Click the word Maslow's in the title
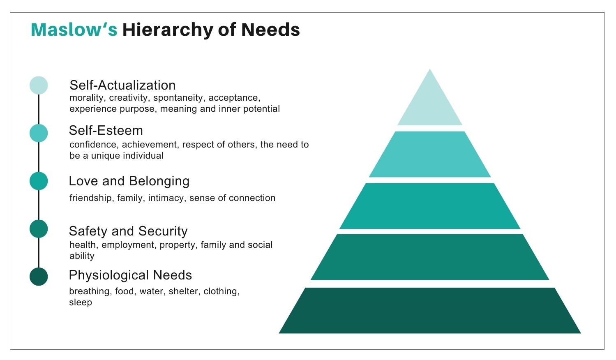pyautogui.click(x=74, y=30)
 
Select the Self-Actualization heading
pyautogui.click(x=122, y=85)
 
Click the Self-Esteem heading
pyautogui.click(x=106, y=130)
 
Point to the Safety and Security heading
pyautogui.click(x=128, y=231)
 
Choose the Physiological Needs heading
pyautogui.click(x=130, y=275)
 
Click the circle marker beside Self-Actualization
pyautogui.click(x=39, y=85)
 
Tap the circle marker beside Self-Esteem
pyautogui.click(x=39, y=133)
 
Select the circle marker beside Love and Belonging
pyautogui.click(x=39, y=181)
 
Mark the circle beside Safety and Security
pyautogui.click(x=39, y=229)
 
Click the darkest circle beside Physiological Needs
pyautogui.click(x=39, y=277)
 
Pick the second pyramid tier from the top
pyautogui.click(x=430, y=154)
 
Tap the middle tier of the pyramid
pyautogui.click(x=430, y=206)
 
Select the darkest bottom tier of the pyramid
pyautogui.click(x=430, y=311)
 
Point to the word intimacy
pyautogui.click(x=166, y=198)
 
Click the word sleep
pyautogui.click(x=81, y=302)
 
